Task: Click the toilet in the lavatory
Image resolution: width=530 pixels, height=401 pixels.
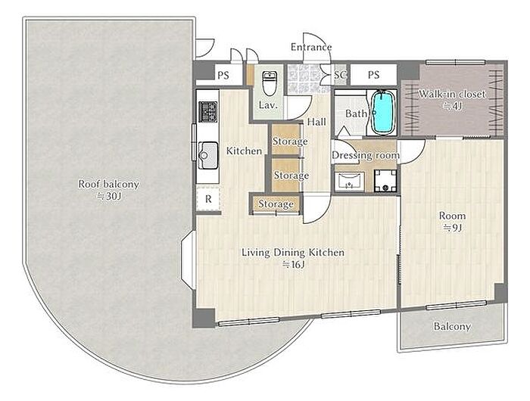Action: [270, 82]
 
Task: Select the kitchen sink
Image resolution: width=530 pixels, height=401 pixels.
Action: [208, 155]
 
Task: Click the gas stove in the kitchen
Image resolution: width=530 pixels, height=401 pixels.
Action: [208, 111]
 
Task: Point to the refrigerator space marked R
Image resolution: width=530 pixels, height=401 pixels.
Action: [208, 199]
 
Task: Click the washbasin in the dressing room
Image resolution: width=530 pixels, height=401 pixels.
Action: [350, 182]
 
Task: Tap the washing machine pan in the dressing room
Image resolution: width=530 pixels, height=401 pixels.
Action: [385, 181]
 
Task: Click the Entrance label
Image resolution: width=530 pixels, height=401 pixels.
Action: [311, 47]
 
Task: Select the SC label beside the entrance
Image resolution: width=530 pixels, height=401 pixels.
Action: [341, 74]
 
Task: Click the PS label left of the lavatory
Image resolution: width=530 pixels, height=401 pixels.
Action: [223, 75]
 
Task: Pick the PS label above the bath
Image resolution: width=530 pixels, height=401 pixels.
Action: [373, 74]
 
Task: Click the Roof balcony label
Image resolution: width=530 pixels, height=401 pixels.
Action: [108, 185]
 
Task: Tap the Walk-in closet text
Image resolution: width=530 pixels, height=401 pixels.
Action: [452, 95]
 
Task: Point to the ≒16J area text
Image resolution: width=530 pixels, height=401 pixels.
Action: [294, 265]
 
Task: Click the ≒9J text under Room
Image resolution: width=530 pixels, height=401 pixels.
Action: [452, 228]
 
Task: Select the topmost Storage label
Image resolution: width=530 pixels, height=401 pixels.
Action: [290, 141]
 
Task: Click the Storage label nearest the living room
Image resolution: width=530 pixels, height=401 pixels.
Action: [276, 204]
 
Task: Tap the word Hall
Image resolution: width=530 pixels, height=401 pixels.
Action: [316, 122]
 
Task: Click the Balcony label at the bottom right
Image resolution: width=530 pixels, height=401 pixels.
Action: [452, 326]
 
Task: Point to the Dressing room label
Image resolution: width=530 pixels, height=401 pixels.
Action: [366, 155]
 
